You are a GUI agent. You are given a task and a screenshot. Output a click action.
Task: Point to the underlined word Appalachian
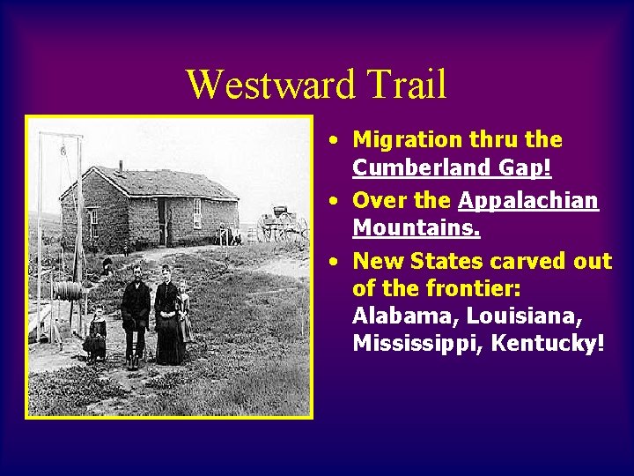[x=528, y=200]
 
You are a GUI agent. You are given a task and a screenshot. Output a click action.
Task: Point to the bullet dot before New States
[x=335, y=262]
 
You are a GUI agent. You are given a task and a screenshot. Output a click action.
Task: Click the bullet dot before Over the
[x=335, y=201]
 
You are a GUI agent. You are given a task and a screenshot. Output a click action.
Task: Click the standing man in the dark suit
[x=136, y=313]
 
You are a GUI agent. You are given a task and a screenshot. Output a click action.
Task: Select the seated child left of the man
[x=95, y=335]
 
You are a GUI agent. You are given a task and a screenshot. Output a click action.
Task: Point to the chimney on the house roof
[x=120, y=167]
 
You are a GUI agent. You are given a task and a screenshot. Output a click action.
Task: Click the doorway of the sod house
[x=163, y=220]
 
